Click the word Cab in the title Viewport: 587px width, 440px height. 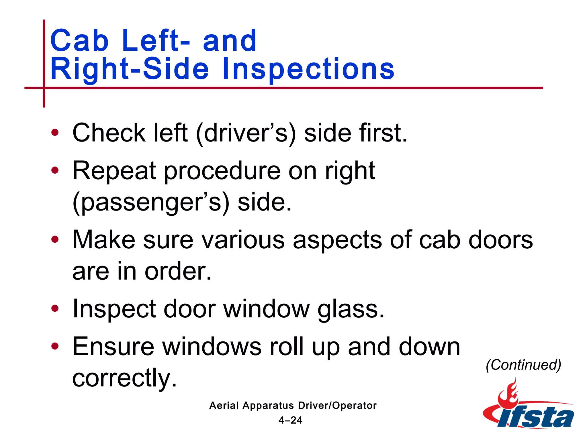click(79, 41)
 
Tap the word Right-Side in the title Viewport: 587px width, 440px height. click(130, 69)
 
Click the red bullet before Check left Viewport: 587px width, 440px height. click(55, 133)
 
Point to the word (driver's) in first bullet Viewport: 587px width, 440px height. click(246, 133)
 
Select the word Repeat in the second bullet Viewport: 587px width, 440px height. click(114, 171)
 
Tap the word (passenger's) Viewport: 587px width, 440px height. click(151, 203)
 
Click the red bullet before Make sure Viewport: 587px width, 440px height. click(55, 239)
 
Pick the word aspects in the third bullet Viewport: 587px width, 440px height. click(337, 240)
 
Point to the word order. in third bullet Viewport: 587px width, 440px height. click(178, 271)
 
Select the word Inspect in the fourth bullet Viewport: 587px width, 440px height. click(114, 309)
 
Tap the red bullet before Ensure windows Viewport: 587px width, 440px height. click(55, 346)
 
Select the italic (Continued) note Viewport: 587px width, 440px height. click(523, 365)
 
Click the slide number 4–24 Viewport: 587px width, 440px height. click(290, 420)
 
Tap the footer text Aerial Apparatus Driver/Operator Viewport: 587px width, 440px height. click(293, 405)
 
